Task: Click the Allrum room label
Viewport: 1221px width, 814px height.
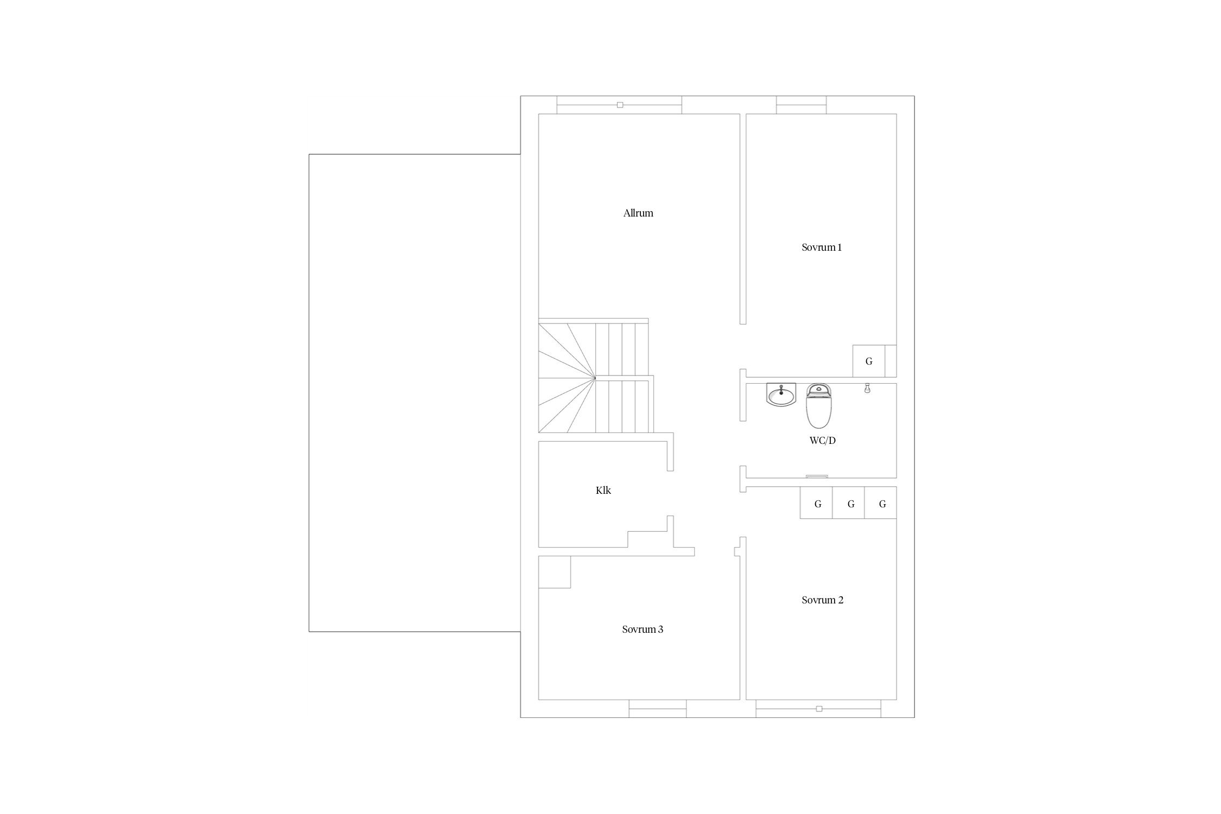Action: (638, 213)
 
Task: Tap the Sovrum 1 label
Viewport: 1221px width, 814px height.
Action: (822, 247)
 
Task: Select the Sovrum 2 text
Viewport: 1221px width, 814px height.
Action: (823, 600)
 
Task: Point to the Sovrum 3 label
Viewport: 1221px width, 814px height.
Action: (643, 629)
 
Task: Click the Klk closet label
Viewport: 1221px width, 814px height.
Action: (603, 491)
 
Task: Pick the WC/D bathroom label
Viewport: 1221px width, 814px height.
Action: (823, 441)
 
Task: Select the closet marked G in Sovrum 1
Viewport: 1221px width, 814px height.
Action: (869, 361)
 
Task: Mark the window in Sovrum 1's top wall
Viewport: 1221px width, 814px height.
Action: (802, 105)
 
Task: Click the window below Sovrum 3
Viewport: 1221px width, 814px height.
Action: (658, 709)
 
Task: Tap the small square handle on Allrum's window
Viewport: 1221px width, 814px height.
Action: (620, 105)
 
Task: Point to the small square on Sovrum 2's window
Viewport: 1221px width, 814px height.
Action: (819, 709)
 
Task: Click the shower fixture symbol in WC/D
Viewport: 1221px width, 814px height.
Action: (867, 388)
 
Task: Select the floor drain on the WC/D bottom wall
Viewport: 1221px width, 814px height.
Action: (817, 476)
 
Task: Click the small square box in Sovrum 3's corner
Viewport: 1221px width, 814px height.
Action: (555, 572)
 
